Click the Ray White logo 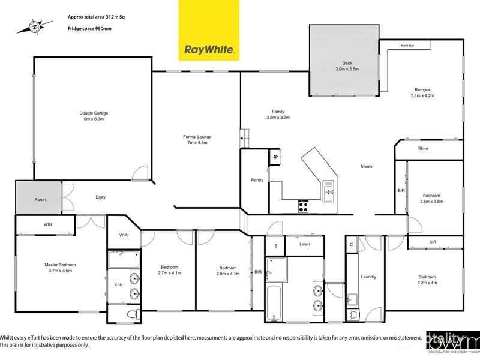click(x=209, y=31)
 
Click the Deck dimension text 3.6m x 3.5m click(x=347, y=69)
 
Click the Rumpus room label click(x=422, y=89)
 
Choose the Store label click(x=423, y=148)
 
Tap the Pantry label click(x=258, y=180)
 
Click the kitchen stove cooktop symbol click(x=304, y=208)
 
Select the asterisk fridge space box click(x=275, y=157)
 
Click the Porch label click(x=40, y=200)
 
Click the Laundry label click(x=368, y=277)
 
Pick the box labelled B click(x=275, y=245)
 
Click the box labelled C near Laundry click(x=351, y=245)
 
